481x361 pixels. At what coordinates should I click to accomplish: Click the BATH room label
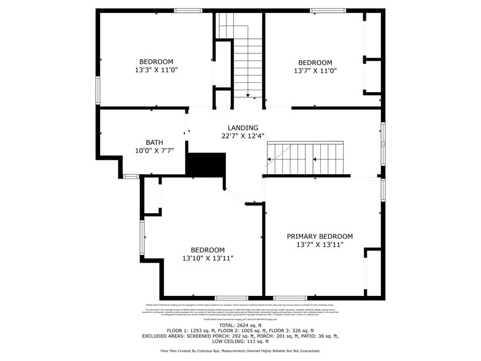tap(155, 142)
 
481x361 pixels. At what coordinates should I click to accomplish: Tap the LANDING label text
tap(243, 128)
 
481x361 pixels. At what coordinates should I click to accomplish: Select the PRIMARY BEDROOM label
tap(320, 236)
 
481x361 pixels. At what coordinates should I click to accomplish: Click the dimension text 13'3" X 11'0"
tap(156, 70)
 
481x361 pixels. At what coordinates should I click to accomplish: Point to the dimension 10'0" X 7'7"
tap(155, 150)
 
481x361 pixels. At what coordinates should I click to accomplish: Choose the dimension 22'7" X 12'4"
tap(243, 136)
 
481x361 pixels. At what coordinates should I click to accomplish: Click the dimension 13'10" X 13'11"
tap(207, 258)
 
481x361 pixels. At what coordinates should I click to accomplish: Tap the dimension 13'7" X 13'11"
tap(320, 245)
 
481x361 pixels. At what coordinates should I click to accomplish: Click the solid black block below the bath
tap(206, 165)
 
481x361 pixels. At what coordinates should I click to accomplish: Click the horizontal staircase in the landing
tap(306, 158)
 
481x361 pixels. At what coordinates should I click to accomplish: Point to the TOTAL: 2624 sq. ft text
tap(240, 325)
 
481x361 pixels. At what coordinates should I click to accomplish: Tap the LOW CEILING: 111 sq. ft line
tap(240, 341)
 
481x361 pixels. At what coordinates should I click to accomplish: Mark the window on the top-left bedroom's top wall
tap(188, 10)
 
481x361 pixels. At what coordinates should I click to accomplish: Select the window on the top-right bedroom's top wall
tap(323, 10)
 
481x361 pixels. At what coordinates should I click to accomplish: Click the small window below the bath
tap(130, 176)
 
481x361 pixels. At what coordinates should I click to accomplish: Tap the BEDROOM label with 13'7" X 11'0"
tap(315, 63)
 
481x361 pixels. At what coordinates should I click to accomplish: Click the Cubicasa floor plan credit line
tap(240, 351)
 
